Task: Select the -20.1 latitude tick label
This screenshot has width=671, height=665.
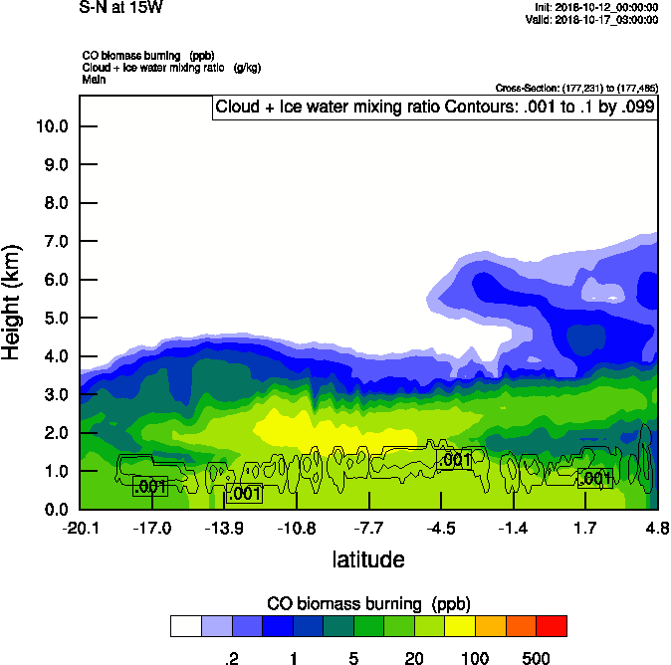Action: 80,527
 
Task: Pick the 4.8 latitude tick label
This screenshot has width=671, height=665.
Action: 656,527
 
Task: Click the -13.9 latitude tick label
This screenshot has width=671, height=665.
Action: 225,527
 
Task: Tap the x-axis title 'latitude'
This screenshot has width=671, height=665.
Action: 367,558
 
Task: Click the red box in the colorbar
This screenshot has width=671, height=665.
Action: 552,625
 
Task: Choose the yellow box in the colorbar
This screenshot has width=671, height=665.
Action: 460,625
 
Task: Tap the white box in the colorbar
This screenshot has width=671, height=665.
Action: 185,625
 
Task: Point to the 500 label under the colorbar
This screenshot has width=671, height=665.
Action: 537,658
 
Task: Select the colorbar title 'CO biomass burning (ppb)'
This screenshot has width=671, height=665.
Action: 368,603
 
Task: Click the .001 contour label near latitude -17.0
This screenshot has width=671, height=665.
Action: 150,486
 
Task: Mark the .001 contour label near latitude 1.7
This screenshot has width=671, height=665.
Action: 595,479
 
